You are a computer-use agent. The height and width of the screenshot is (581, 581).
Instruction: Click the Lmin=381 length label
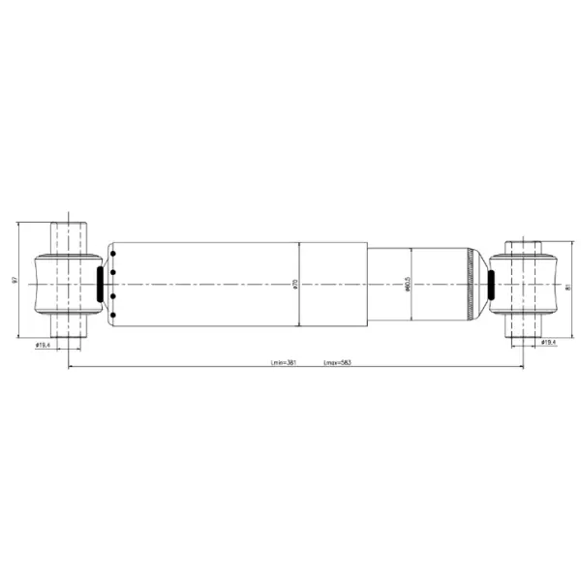(x=283, y=362)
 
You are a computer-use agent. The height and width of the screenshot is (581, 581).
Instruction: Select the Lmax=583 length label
(x=336, y=362)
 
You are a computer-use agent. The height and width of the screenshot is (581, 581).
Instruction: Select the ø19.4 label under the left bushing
(x=43, y=345)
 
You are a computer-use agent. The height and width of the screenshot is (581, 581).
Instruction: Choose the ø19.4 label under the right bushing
(x=548, y=343)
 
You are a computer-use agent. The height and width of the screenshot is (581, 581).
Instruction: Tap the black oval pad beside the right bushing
(x=489, y=285)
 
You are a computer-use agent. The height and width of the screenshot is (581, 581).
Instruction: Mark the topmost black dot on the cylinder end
(x=114, y=254)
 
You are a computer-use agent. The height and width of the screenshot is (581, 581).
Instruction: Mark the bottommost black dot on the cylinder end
(x=114, y=314)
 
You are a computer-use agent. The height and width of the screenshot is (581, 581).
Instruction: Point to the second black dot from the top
(x=114, y=273)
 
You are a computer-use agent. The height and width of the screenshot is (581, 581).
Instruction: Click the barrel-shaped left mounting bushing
(x=67, y=284)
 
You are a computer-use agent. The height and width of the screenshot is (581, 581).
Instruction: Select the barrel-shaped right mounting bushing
(x=524, y=285)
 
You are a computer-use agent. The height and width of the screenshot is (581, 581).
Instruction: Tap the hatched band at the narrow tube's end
(x=473, y=284)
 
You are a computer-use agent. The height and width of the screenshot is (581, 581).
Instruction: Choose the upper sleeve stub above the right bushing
(x=524, y=247)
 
